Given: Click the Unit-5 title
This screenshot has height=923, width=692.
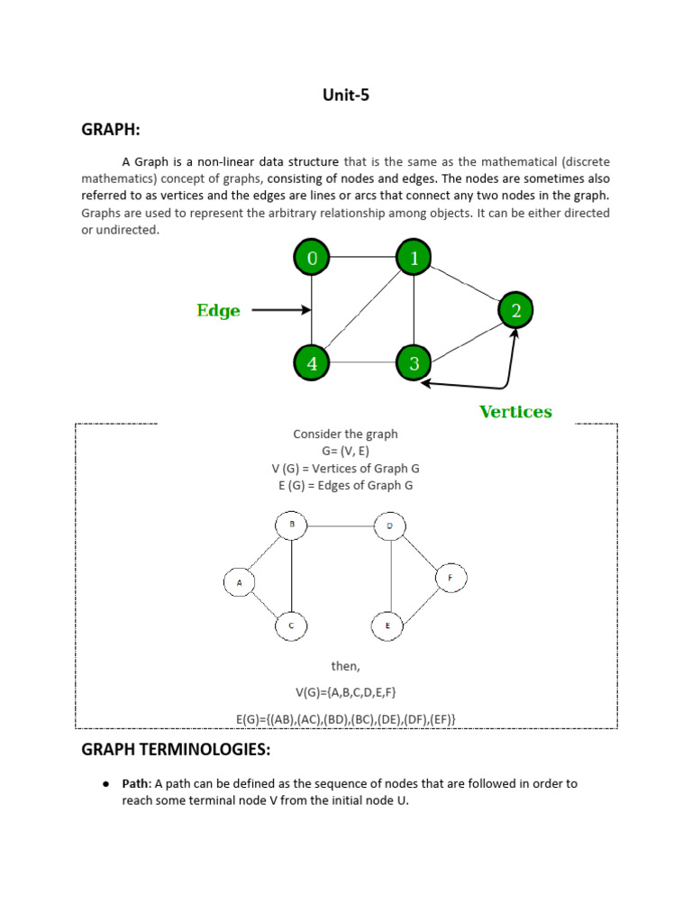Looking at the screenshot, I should pyautogui.click(x=345, y=96).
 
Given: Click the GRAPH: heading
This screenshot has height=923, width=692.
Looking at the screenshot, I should pyautogui.click(x=111, y=130).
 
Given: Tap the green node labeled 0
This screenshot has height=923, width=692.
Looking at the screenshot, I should pyautogui.click(x=312, y=259).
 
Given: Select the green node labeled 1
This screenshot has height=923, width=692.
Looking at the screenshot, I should pyautogui.click(x=414, y=259).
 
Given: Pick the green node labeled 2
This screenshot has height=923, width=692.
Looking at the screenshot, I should pyautogui.click(x=515, y=311).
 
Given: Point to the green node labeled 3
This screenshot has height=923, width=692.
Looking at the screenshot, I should pyautogui.click(x=414, y=363).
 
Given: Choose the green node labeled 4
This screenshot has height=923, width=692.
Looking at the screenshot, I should pyautogui.click(x=312, y=363).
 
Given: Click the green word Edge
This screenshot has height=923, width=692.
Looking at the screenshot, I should pyautogui.click(x=218, y=311).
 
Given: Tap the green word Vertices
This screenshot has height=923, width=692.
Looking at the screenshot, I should pyautogui.click(x=515, y=412).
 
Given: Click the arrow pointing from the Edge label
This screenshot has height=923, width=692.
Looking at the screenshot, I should pyautogui.click(x=280, y=310).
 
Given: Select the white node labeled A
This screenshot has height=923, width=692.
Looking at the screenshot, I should pyautogui.click(x=240, y=583).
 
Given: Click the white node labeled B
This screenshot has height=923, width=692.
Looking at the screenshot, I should pyautogui.click(x=291, y=525).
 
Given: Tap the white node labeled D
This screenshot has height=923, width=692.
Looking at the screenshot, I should pyautogui.click(x=389, y=525).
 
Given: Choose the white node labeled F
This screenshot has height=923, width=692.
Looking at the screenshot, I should pyautogui.click(x=451, y=578).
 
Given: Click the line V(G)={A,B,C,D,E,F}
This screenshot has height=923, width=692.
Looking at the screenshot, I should pyautogui.click(x=345, y=692).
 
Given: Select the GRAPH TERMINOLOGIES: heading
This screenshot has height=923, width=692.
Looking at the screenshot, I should pyautogui.click(x=176, y=750).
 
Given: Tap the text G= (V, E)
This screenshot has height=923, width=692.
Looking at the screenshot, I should pyautogui.click(x=345, y=451).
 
